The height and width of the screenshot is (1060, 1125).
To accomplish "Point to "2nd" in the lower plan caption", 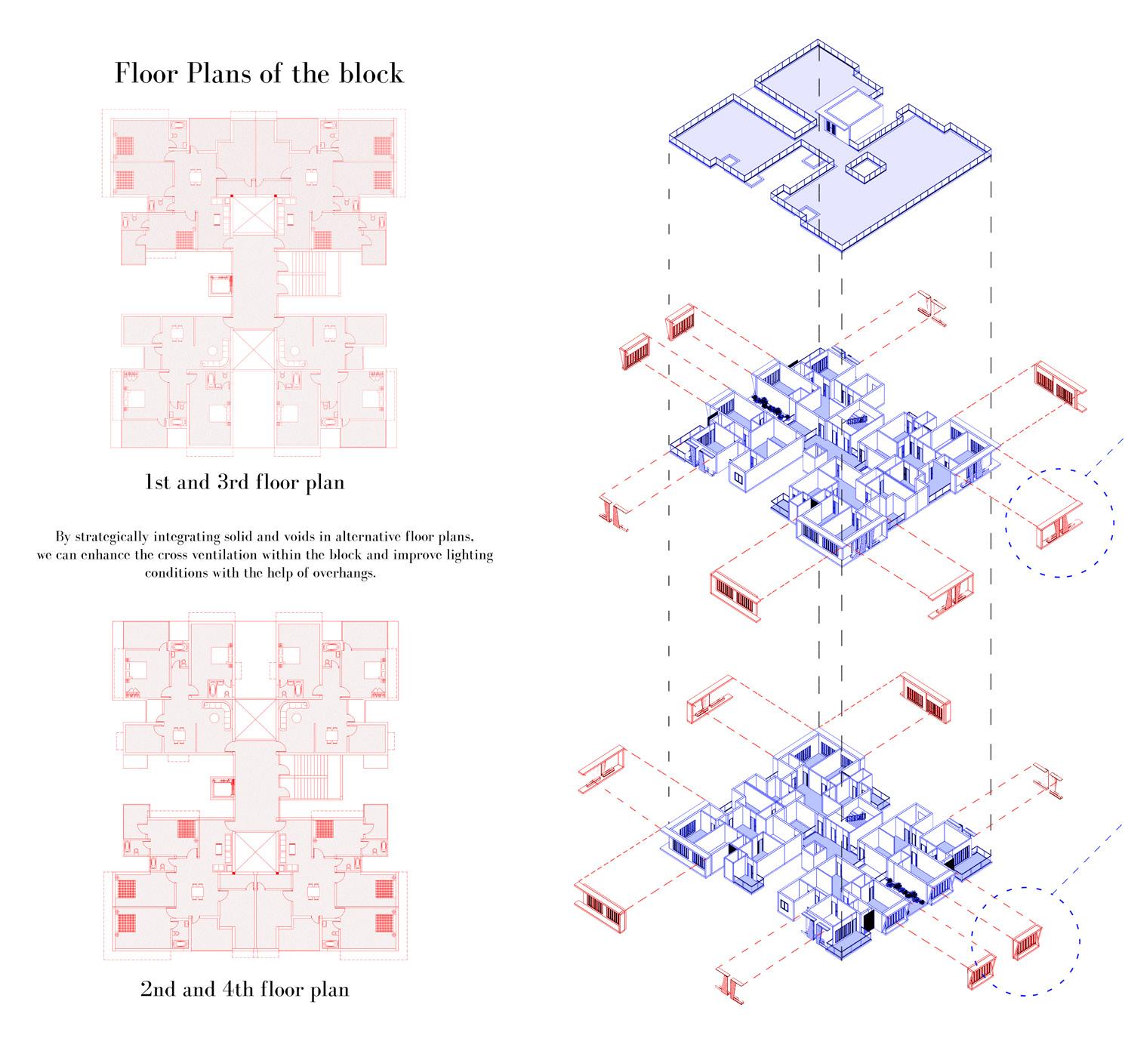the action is (158, 988).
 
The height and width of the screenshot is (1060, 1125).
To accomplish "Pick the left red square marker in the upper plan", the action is (233, 196).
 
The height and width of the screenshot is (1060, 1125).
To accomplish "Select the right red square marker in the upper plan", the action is (276, 196).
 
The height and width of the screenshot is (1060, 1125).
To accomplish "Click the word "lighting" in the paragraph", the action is (467, 554).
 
